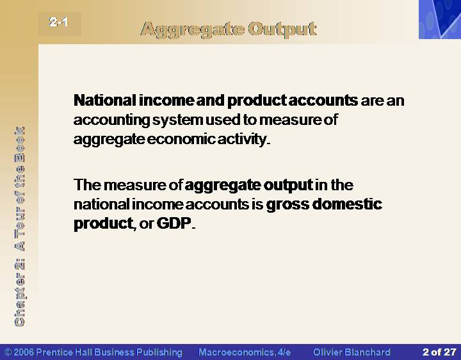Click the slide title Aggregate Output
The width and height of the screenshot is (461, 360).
(229, 30)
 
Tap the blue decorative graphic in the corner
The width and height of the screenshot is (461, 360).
(440, 19)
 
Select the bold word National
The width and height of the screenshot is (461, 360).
(105, 101)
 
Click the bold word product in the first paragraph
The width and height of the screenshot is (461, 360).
(257, 101)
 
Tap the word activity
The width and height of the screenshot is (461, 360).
(242, 140)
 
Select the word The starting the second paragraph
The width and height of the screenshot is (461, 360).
(87, 185)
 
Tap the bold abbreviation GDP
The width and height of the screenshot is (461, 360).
(174, 223)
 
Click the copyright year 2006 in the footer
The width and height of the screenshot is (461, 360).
(24, 352)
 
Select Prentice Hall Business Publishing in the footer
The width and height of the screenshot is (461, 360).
(109, 352)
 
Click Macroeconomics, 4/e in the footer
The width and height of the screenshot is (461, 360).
(245, 352)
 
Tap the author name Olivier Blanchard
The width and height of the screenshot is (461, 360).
(352, 352)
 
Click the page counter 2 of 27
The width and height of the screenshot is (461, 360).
(439, 352)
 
